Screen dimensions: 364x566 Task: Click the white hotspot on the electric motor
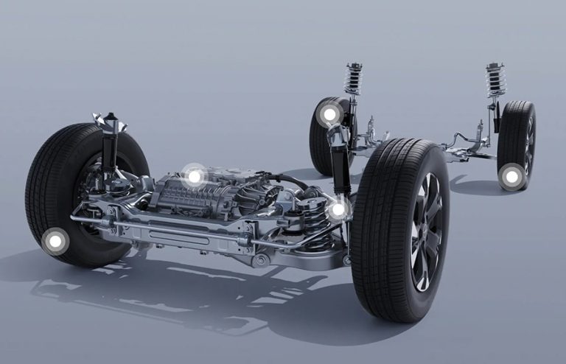tap(194, 176)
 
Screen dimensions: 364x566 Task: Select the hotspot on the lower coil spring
tap(338, 210)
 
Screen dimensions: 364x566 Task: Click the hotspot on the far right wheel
tap(511, 176)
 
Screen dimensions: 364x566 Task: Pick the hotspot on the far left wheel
tap(329, 114)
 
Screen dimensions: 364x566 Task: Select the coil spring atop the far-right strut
tap(496, 80)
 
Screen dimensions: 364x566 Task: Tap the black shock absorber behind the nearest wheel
tap(340, 166)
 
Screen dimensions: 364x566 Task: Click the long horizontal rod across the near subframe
tap(184, 231)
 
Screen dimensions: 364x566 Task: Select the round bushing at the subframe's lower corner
tap(259, 260)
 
